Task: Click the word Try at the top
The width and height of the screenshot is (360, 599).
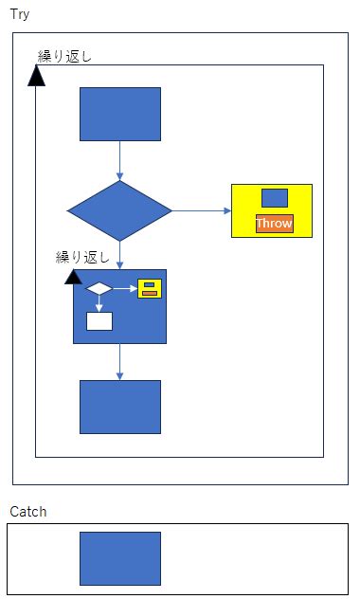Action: [x=19, y=14]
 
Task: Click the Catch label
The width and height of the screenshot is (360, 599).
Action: [x=27, y=512]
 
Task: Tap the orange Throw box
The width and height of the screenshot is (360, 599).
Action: [x=274, y=224]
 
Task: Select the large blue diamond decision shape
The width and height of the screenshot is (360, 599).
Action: [x=119, y=210]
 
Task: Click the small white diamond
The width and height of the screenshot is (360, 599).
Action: [x=99, y=288]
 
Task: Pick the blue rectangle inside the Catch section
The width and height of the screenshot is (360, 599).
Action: [x=119, y=558]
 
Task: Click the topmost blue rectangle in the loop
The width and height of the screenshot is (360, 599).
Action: [x=119, y=114]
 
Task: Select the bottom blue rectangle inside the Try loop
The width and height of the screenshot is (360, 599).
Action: [x=119, y=407]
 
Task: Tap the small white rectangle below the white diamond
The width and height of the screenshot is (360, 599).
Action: [x=99, y=320]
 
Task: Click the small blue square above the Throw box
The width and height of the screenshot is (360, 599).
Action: [x=274, y=197]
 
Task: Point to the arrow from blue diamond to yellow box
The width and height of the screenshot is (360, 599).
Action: [x=201, y=210]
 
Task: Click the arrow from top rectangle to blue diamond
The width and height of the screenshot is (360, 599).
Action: [x=119, y=160]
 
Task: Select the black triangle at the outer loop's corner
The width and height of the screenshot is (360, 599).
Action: [x=37, y=76]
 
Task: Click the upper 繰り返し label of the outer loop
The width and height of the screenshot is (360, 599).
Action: [x=64, y=56]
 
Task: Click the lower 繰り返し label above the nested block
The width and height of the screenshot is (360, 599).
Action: [x=83, y=257]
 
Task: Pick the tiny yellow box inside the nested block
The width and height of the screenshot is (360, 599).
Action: [x=149, y=288]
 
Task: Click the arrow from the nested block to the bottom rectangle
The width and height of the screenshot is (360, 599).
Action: [x=119, y=361]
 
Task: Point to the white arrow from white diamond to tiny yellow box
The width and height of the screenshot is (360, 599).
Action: [x=124, y=288]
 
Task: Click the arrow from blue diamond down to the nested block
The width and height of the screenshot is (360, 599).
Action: [x=119, y=254]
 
